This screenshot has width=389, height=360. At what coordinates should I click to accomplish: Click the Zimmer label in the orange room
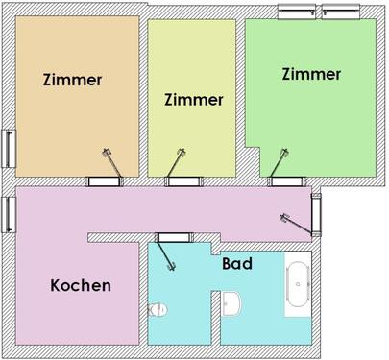coord(73,80)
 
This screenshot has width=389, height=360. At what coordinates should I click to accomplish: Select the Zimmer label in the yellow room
coord(194,99)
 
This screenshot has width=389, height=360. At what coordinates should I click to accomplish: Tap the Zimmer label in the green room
coord(311,74)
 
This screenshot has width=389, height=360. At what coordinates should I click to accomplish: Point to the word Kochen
coord(81,285)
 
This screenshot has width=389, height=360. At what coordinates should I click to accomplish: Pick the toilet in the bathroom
coord(160,309)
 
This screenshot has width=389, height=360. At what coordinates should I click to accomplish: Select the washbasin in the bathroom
coord(231,305)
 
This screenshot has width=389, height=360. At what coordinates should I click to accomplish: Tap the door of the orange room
coord(101,180)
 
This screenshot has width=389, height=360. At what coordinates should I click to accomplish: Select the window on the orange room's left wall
coord(9,146)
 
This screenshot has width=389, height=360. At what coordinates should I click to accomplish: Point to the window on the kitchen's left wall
coord(9,213)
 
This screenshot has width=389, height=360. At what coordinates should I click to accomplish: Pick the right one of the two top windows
coord(341,12)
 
